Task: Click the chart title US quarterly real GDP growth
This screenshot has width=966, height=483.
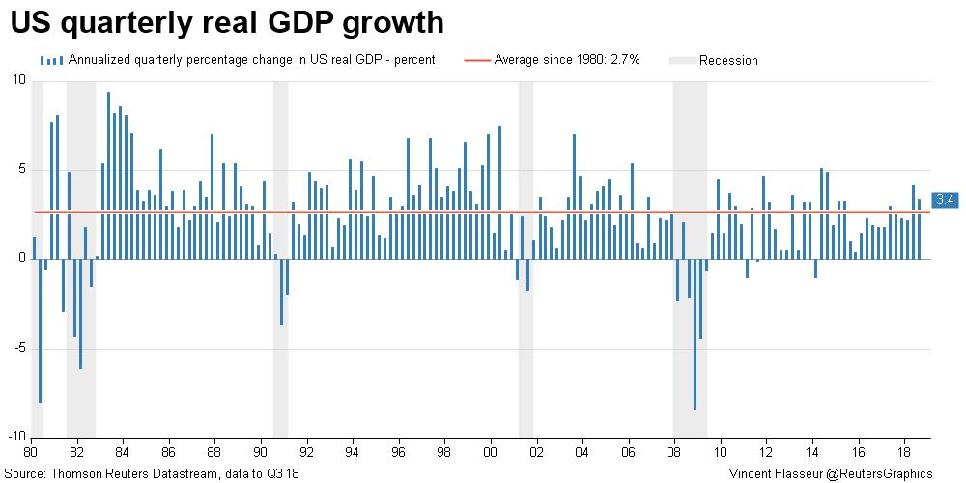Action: point(228,23)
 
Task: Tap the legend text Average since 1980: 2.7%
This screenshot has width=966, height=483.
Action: point(561,60)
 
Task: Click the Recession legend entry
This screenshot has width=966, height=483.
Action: point(728,60)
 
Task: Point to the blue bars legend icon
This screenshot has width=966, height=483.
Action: point(52,60)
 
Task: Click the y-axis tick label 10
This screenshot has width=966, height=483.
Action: point(18,80)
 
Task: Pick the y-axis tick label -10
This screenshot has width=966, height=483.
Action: point(15,438)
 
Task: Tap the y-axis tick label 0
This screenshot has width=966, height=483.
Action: point(21,259)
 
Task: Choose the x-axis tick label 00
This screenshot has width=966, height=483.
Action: point(490,451)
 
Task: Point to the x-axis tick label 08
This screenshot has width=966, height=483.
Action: point(674,451)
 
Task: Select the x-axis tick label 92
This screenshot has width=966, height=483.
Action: point(305,451)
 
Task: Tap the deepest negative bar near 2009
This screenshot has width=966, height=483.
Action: point(695,334)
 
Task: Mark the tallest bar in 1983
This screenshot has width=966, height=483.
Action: point(108,174)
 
